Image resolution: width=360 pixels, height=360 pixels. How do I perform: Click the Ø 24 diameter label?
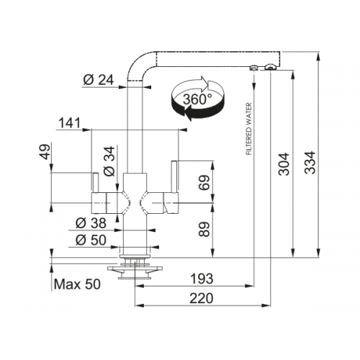(99, 80)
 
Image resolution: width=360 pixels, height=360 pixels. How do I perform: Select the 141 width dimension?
(70, 123)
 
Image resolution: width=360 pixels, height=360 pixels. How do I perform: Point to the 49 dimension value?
(45, 151)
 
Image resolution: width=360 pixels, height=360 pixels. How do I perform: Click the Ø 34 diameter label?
(109, 161)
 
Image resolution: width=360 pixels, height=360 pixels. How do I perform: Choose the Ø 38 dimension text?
(91, 223)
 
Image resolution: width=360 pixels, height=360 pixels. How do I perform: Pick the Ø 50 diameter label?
(91, 240)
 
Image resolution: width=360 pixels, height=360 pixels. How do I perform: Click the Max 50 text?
(77, 284)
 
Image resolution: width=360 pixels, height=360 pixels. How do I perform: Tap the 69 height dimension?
(204, 183)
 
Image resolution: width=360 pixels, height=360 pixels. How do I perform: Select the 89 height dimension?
(204, 229)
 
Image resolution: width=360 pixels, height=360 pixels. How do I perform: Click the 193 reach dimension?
(202, 279)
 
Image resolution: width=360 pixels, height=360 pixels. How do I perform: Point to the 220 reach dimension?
(202, 298)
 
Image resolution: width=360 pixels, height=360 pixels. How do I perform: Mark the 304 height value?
(284, 164)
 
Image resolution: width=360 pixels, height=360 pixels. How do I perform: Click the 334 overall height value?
(310, 163)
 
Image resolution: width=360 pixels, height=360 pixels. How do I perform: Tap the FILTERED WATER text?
(249, 129)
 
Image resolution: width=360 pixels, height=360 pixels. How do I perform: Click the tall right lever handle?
(174, 177)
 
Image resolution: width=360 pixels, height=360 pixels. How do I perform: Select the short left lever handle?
(95, 182)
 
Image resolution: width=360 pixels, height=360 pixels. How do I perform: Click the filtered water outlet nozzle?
(253, 68)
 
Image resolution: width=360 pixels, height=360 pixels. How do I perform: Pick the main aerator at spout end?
(270, 67)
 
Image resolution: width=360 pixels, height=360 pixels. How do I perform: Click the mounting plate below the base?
(135, 269)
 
